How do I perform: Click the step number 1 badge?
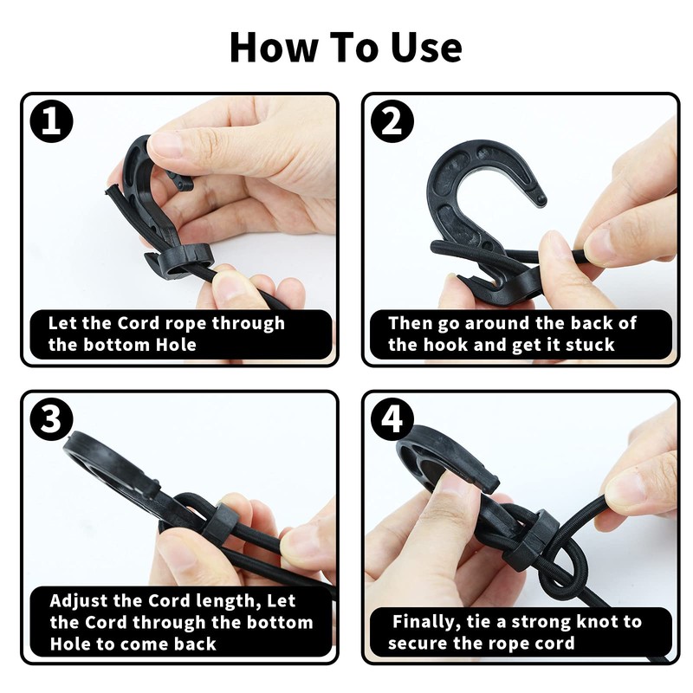(x=51, y=122)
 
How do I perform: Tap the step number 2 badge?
(x=392, y=122)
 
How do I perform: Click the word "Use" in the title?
(x=424, y=48)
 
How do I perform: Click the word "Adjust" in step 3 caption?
(x=81, y=600)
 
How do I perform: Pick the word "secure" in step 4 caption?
(x=417, y=643)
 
